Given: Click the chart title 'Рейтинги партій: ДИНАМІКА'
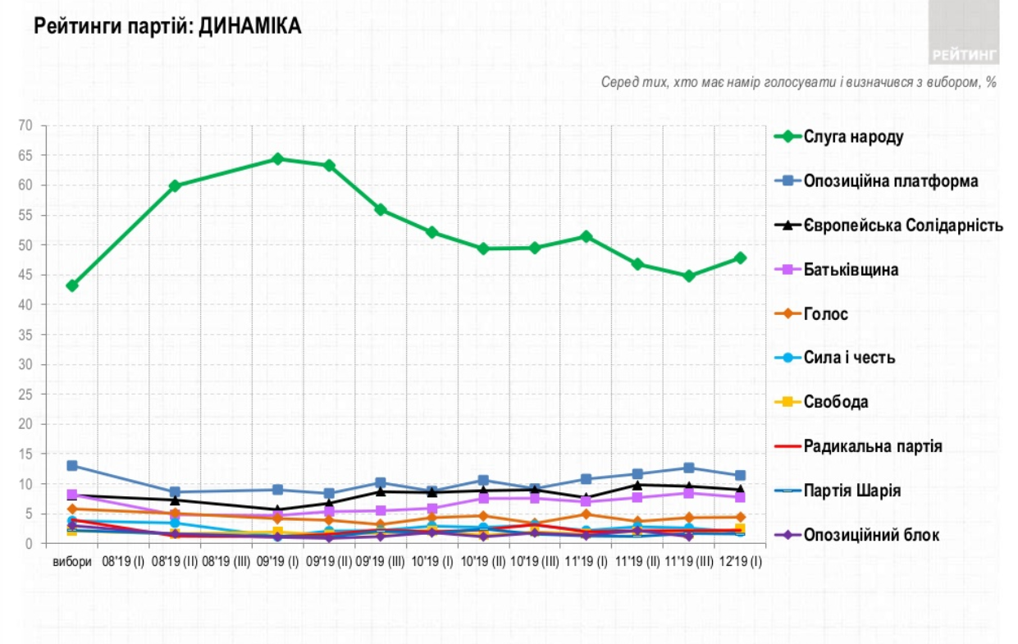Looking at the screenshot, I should point(167,27).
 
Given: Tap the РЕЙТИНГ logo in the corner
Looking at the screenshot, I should point(965,55).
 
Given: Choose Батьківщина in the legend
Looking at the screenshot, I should point(851,270).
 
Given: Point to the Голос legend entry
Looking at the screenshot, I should point(826,314).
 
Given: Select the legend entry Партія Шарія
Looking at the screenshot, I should point(852,491).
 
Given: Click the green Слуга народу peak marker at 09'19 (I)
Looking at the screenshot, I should point(277,159).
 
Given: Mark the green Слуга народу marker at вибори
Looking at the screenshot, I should point(72,285).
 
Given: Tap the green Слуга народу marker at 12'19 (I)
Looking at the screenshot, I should point(740,258).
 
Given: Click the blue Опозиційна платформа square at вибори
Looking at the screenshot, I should point(72,466).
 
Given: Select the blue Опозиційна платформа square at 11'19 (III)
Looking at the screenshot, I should point(689,468).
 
